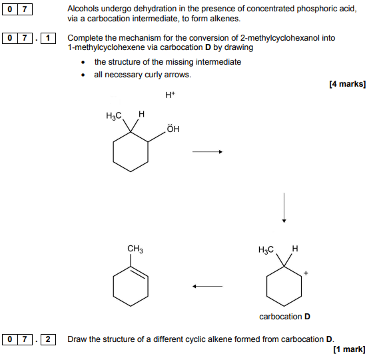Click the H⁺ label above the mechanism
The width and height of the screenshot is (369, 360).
[170, 95]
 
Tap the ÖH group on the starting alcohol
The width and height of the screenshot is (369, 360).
[173, 129]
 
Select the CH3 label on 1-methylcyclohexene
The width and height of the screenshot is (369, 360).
[135, 249]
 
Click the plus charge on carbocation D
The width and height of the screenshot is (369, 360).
[306, 273]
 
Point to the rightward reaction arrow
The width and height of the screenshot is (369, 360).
[207, 152]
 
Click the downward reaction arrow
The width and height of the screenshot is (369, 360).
[284, 207]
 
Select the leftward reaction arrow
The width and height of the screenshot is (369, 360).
[207, 286]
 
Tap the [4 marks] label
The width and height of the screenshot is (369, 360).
[348, 84]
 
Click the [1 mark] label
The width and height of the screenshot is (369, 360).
[349, 349]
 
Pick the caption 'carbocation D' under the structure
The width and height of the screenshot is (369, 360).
[284, 317]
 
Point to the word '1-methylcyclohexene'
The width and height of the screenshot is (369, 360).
[107, 47]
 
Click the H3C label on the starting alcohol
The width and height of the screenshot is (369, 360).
[114, 116]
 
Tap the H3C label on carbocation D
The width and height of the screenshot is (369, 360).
[266, 250]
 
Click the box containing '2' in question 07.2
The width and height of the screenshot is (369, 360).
[48, 339]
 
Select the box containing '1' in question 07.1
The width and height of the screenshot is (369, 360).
[48, 38]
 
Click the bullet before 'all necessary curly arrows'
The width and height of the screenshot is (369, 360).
[83, 75]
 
